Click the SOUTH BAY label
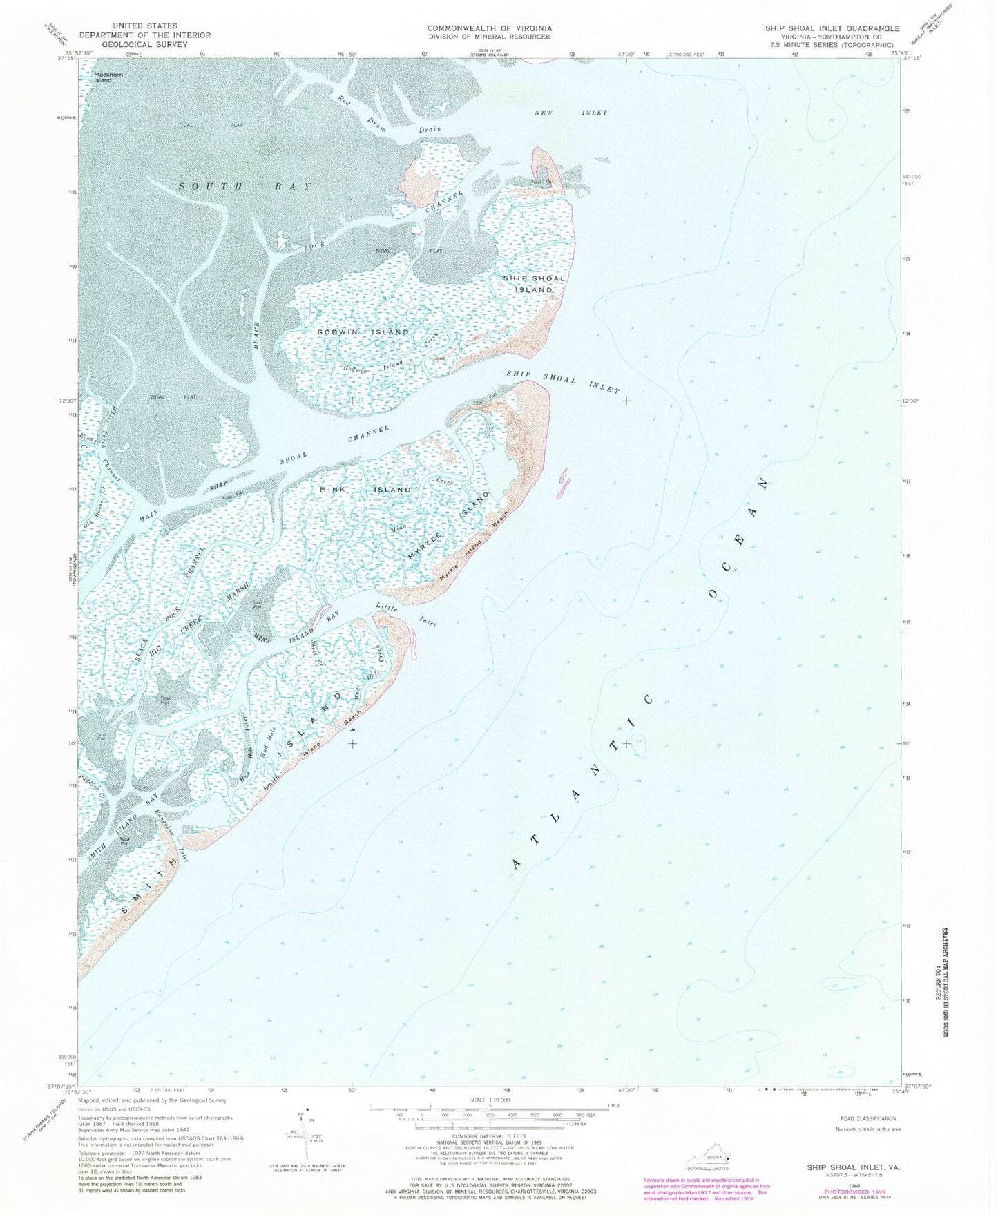tap(245, 186)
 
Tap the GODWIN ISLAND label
tap(363, 332)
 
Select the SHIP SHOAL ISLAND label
tap(533, 284)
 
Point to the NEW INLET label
tap(570, 112)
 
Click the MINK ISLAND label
tap(365, 490)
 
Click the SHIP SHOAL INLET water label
tap(563, 381)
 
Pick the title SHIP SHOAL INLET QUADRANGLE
tap(832, 28)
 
